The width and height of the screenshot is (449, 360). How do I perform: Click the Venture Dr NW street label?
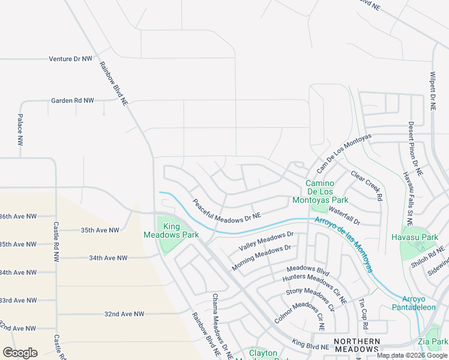[x=70, y=59]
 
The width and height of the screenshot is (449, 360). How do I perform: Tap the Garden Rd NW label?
[x=73, y=101]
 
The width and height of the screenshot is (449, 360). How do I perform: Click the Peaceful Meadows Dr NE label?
[x=227, y=208]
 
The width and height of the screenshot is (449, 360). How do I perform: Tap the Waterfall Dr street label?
[x=344, y=217]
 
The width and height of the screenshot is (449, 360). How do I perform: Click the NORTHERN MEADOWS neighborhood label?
[x=357, y=345]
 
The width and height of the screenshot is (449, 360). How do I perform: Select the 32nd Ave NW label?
[x=124, y=314]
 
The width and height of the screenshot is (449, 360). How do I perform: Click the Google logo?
[x=20, y=353]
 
